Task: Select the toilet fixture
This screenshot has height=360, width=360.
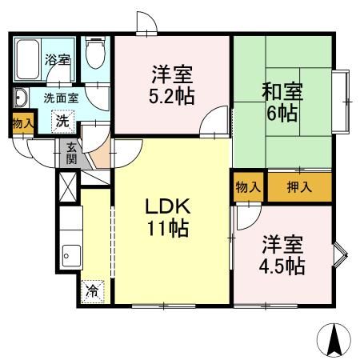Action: point(95,55)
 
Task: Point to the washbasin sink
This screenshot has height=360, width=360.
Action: point(21,99)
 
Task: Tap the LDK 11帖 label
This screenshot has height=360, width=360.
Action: point(166,218)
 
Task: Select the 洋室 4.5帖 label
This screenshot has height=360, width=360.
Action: point(281,255)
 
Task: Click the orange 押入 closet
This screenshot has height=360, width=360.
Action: point(299,186)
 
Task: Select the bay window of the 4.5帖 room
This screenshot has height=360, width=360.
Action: point(340,254)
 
